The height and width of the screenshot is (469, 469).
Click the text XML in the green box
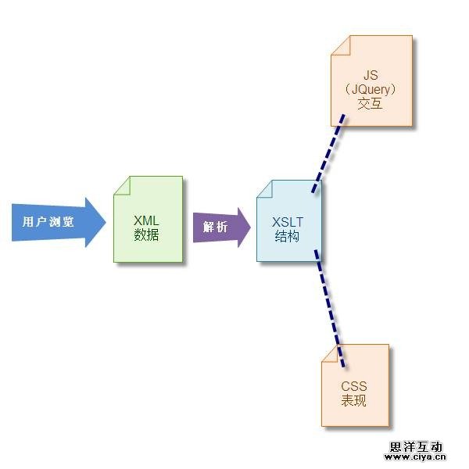(146, 221)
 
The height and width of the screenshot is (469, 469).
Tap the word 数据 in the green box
(146, 234)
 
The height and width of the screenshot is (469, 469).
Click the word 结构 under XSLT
(287, 236)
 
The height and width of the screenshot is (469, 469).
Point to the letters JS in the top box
(371, 75)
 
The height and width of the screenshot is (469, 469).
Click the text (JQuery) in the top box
(371, 89)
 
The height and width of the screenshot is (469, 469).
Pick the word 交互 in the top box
(371, 103)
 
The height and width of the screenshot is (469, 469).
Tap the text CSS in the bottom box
(353, 387)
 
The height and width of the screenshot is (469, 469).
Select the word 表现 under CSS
(353, 401)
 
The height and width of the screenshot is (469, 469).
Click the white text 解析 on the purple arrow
(215, 227)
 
